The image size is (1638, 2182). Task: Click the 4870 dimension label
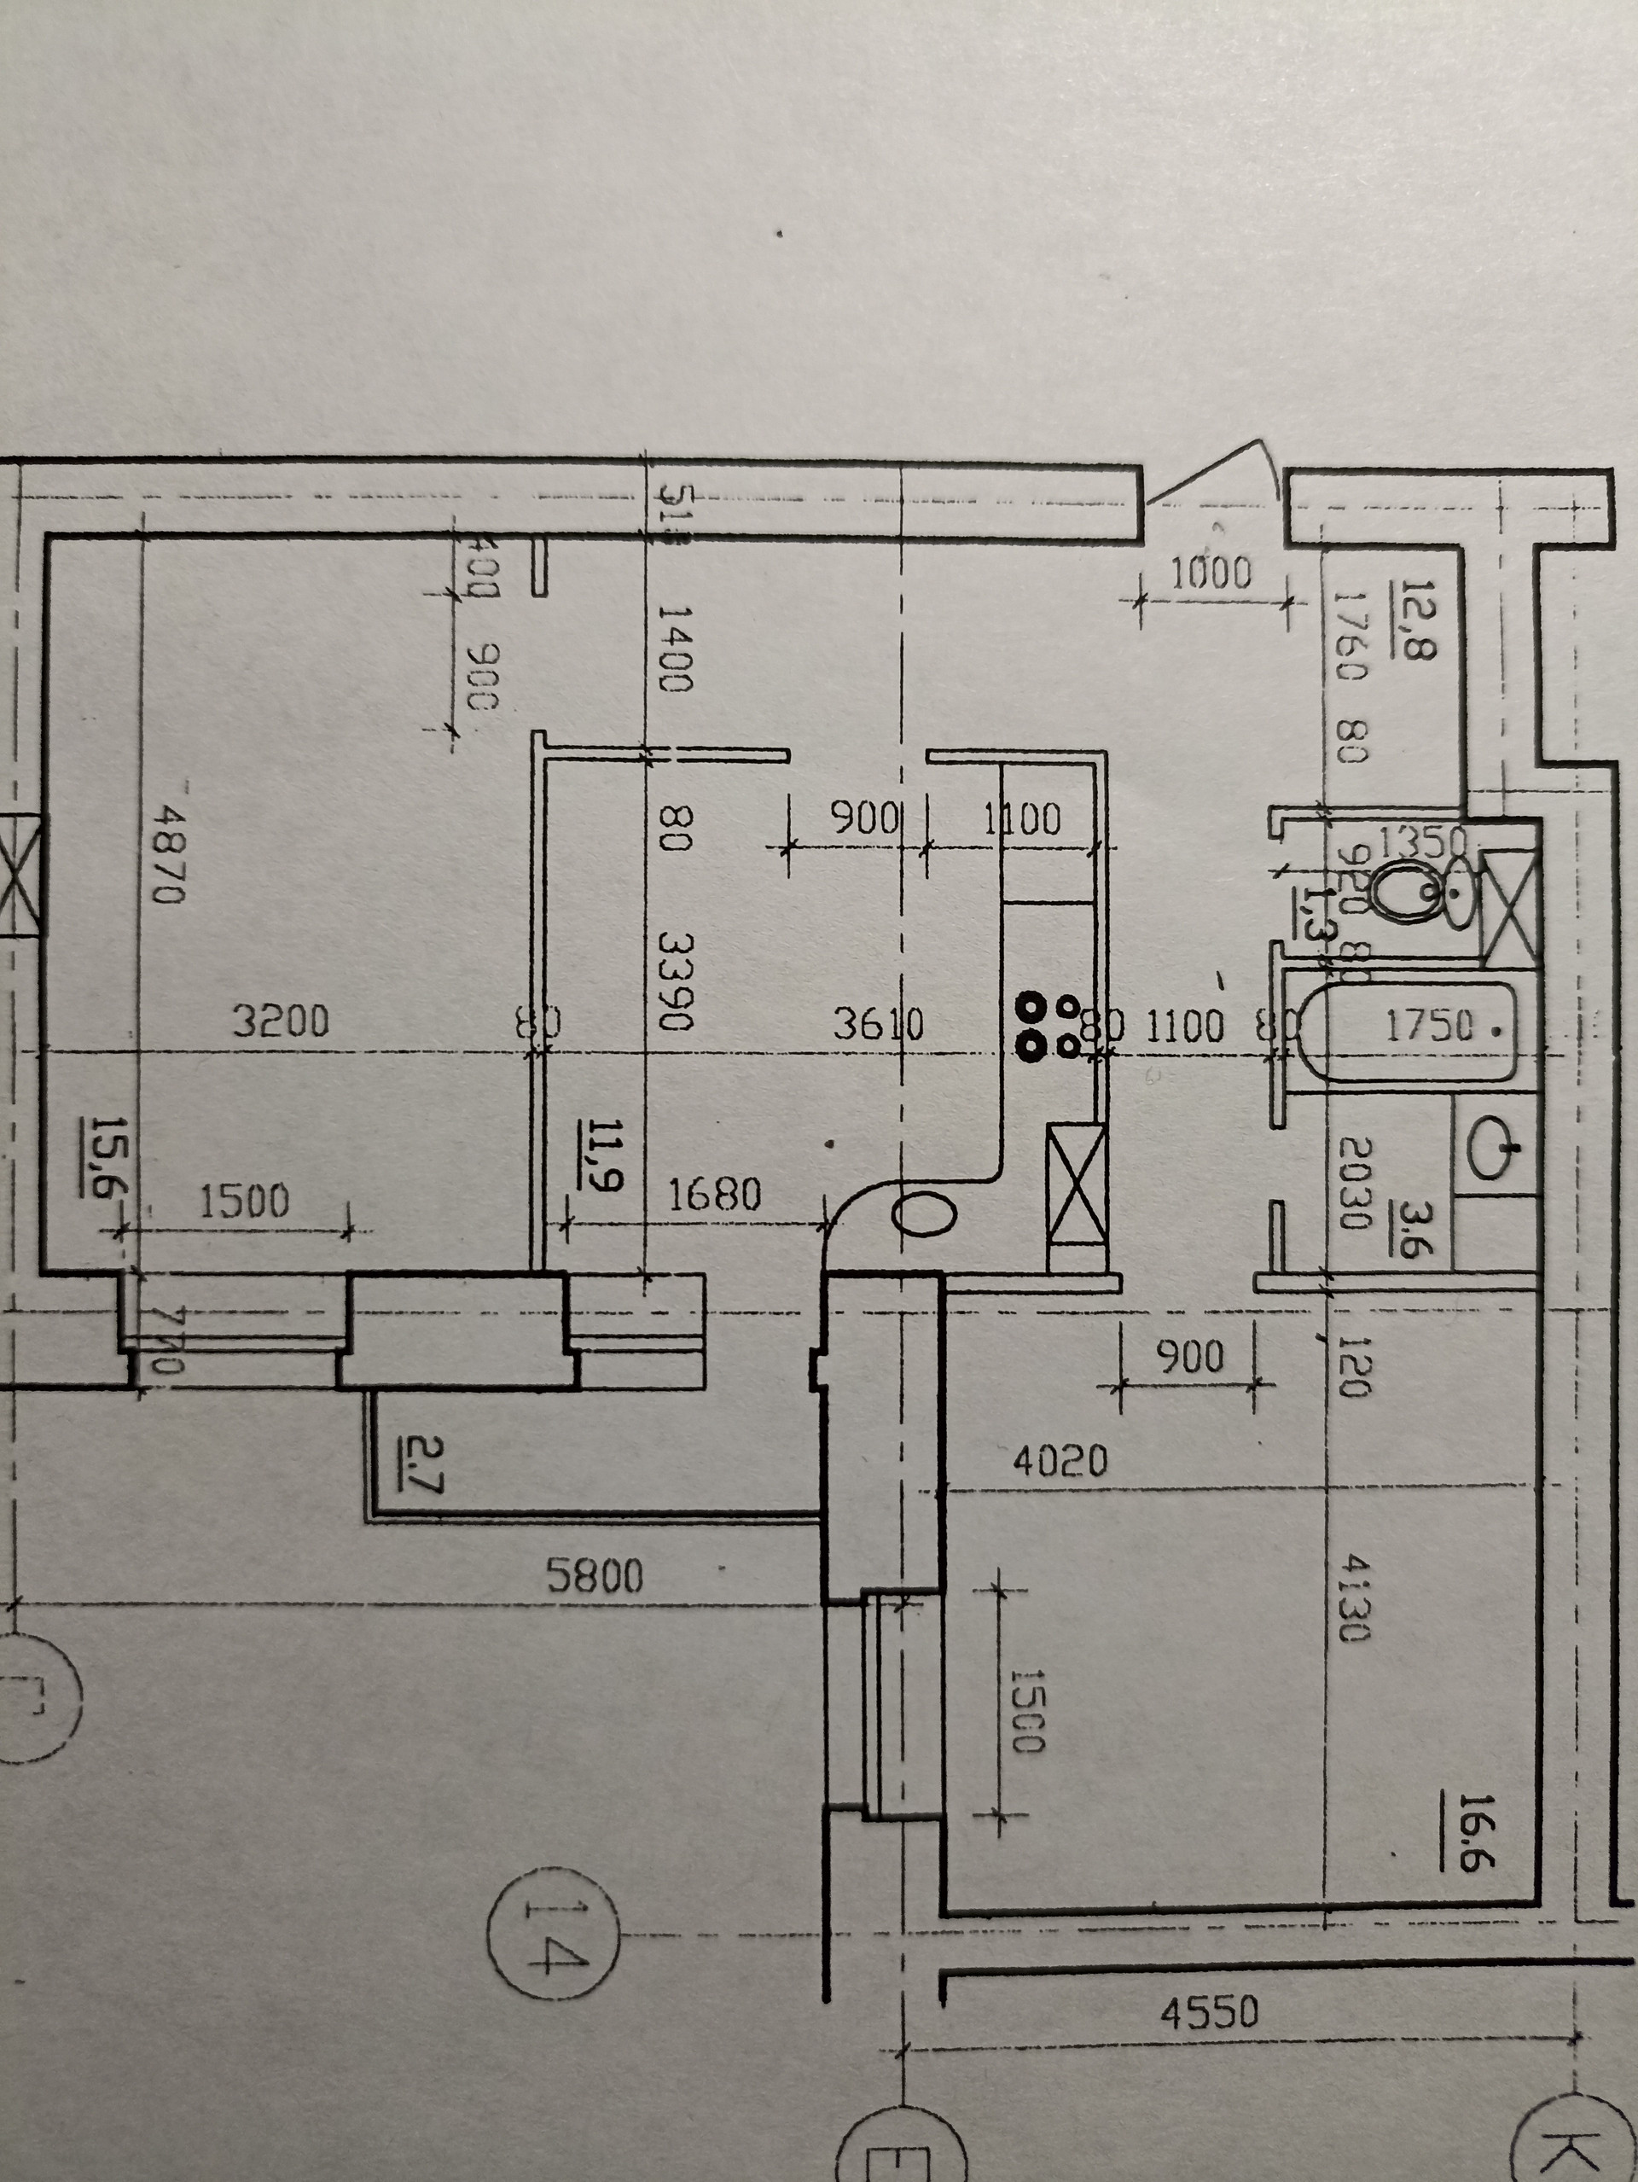click(169, 854)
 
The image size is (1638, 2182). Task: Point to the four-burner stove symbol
click(1048, 1025)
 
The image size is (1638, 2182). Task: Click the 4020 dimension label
click(1060, 1460)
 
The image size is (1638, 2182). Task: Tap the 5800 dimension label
click(595, 1576)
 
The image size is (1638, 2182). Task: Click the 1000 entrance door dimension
click(1210, 573)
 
